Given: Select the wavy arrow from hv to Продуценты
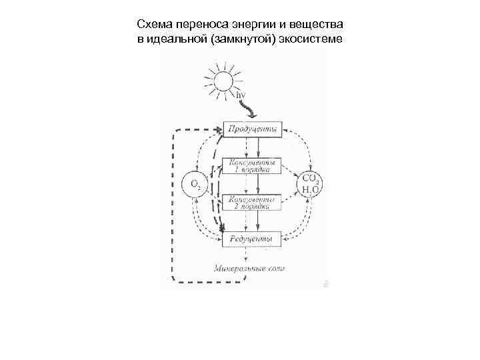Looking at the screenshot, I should (x=249, y=109).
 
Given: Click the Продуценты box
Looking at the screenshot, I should (x=251, y=129).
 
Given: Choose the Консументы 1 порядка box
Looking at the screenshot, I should (x=251, y=165).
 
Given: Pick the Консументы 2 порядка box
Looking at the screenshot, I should (x=251, y=203).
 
